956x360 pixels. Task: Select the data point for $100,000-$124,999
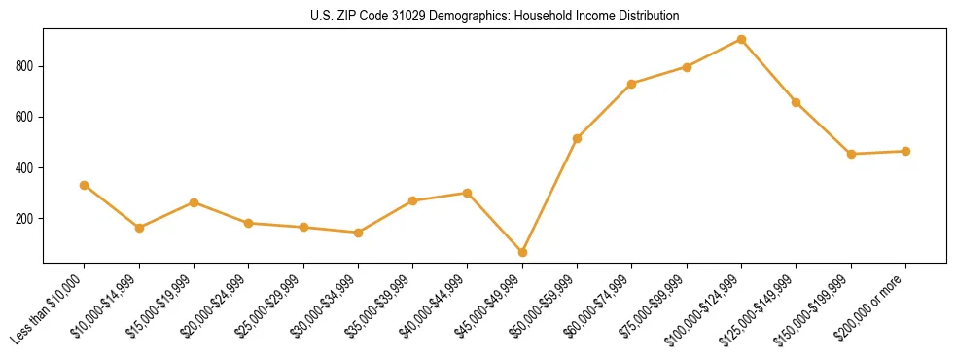tap(742, 40)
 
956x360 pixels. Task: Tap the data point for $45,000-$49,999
tap(523, 252)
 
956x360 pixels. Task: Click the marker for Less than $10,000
tap(85, 185)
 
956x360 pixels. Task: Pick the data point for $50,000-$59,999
tap(578, 138)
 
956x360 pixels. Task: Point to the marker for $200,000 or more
tap(906, 151)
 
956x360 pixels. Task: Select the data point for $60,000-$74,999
tap(632, 84)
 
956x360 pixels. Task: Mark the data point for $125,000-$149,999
tap(797, 102)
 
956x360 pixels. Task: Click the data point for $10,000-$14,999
tap(140, 228)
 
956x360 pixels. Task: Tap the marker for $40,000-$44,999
tap(468, 193)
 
